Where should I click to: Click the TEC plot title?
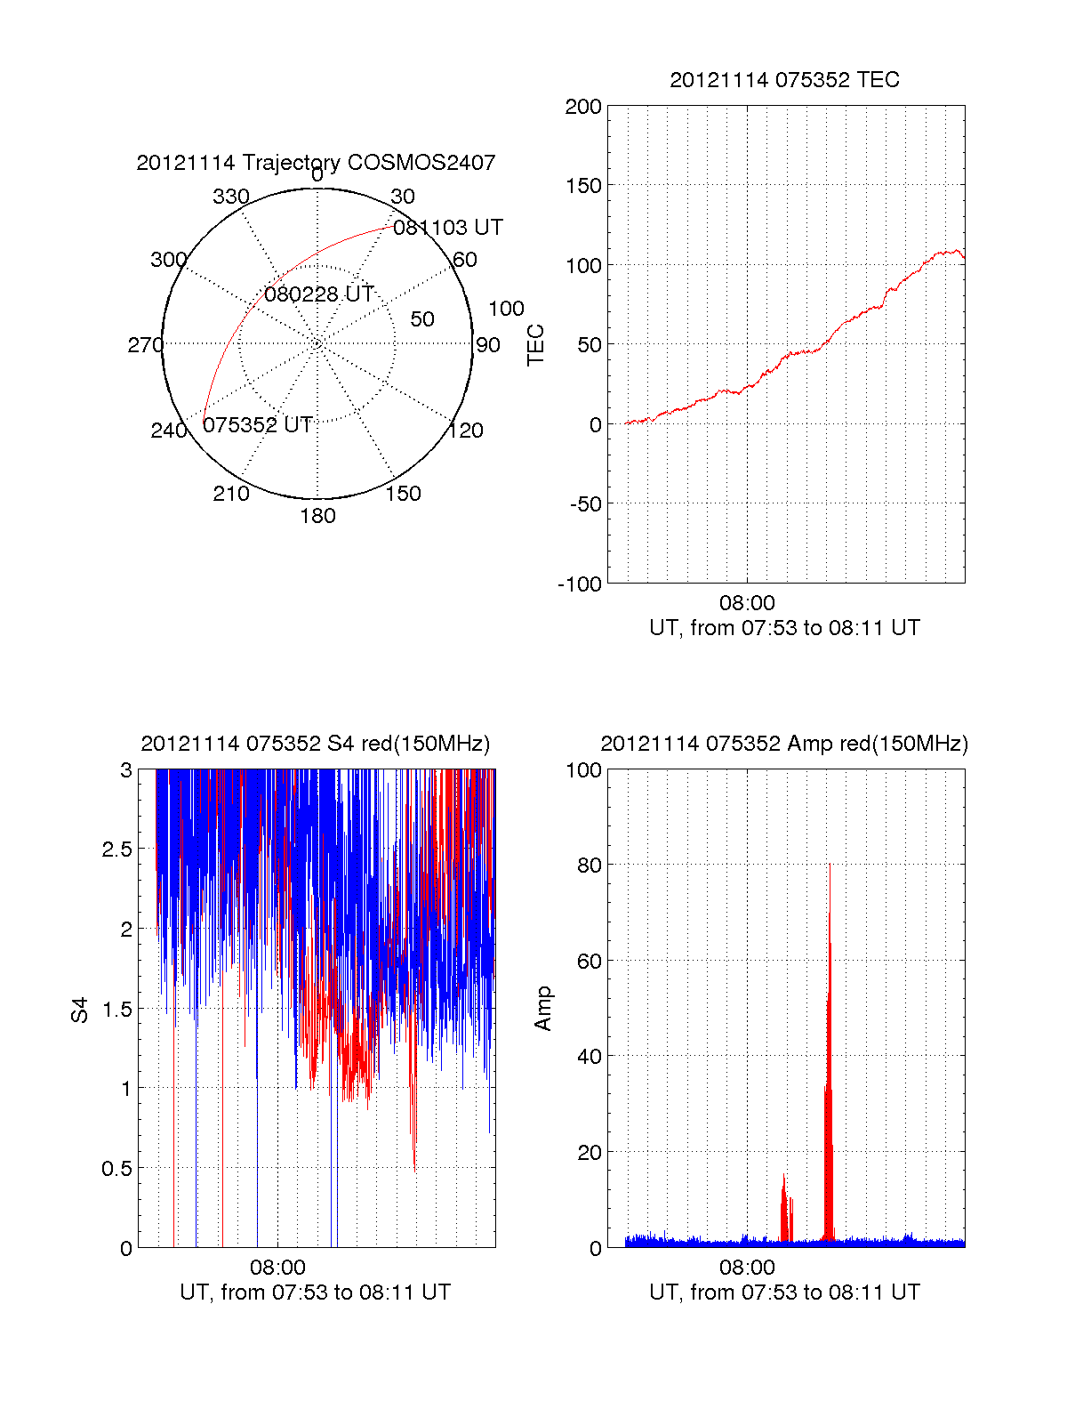pos(784,80)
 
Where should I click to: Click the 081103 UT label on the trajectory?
pos(448,228)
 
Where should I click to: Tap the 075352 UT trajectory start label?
pos(258,425)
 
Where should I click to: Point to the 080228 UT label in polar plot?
pos(319,294)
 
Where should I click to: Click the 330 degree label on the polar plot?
pos(231,197)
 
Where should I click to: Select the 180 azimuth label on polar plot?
pos(317,516)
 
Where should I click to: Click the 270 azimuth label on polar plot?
pos(145,345)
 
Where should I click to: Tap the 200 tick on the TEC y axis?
pos(583,107)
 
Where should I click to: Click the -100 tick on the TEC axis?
pos(580,584)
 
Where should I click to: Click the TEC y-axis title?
pos(536,345)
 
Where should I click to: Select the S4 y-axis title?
pos(81,1010)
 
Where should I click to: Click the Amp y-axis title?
pos(543,1009)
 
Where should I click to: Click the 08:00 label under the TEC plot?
pos(747,604)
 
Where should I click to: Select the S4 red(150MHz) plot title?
pos(316,744)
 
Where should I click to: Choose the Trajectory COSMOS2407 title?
pos(316,163)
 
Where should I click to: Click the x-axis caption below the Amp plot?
pos(784,1292)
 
